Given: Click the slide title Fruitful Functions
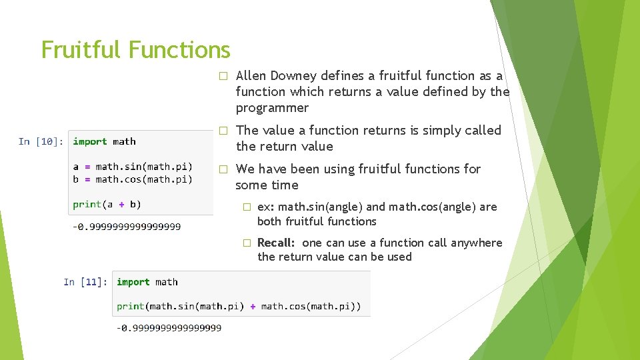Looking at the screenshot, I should pyautogui.click(x=135, y=50).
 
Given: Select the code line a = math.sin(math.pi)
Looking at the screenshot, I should pyautogui.click(x=133, y=167).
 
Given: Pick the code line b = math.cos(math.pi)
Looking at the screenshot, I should pyautogui.click(x=133, y=179).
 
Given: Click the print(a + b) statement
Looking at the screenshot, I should pyautogui.click(x=107, y=204).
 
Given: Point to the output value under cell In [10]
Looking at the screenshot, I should pyautogui.click(x=127, y=227).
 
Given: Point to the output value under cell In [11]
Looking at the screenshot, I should pyautogui.click(x=169, y=327).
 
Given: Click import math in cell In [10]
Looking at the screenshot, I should pyautogui.click(x=104, y=141).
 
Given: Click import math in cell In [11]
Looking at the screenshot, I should pyautogui.click(x=147, y=282).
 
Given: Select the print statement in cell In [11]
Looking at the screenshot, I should pyautogui.click(x=239, y=306).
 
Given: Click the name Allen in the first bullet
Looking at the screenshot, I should pyautogui.click(x=251, y=76).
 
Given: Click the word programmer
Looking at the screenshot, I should pyautogui.click(x=272, y=108).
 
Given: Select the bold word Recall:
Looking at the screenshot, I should pyautogui.click(x=276, y=243).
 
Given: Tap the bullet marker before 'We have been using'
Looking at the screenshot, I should pyautogui.click(x=224, y=169).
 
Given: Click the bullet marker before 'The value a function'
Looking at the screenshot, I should pyautogui.click(x=224, y=131).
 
